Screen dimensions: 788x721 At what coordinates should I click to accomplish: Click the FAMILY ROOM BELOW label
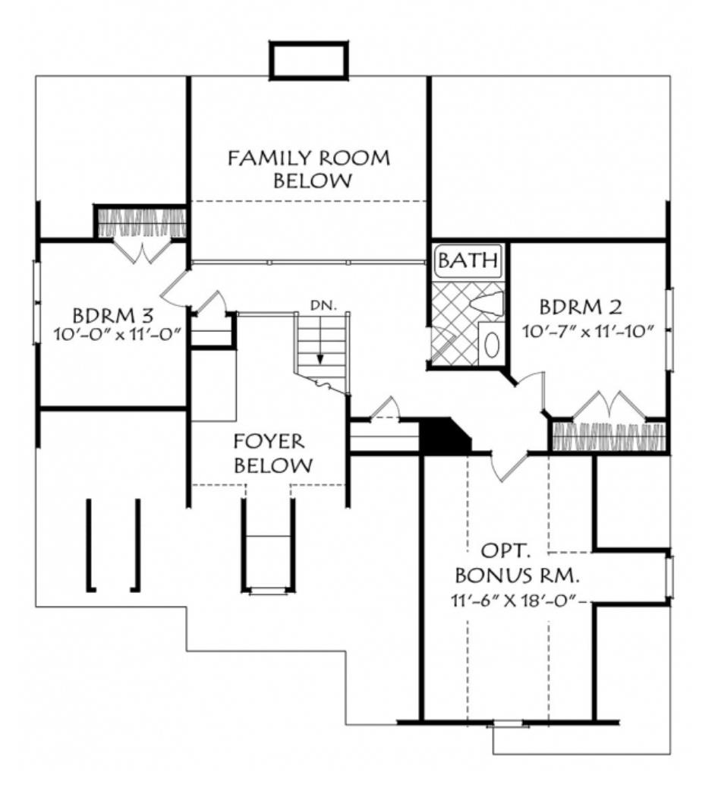pos(309,169)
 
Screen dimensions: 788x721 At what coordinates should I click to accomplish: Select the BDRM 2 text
pos(581,307)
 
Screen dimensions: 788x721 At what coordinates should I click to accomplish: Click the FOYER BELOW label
pos(269,453)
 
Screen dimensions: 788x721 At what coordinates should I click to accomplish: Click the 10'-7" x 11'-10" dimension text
pos(588,331)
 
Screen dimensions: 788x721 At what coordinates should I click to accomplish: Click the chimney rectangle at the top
pos(309,60)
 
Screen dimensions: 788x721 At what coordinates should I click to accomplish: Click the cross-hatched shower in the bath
pos(452,326)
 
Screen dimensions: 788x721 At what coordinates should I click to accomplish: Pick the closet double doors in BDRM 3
pos(140,251)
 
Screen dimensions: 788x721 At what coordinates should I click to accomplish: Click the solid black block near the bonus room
pos(444,436)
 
